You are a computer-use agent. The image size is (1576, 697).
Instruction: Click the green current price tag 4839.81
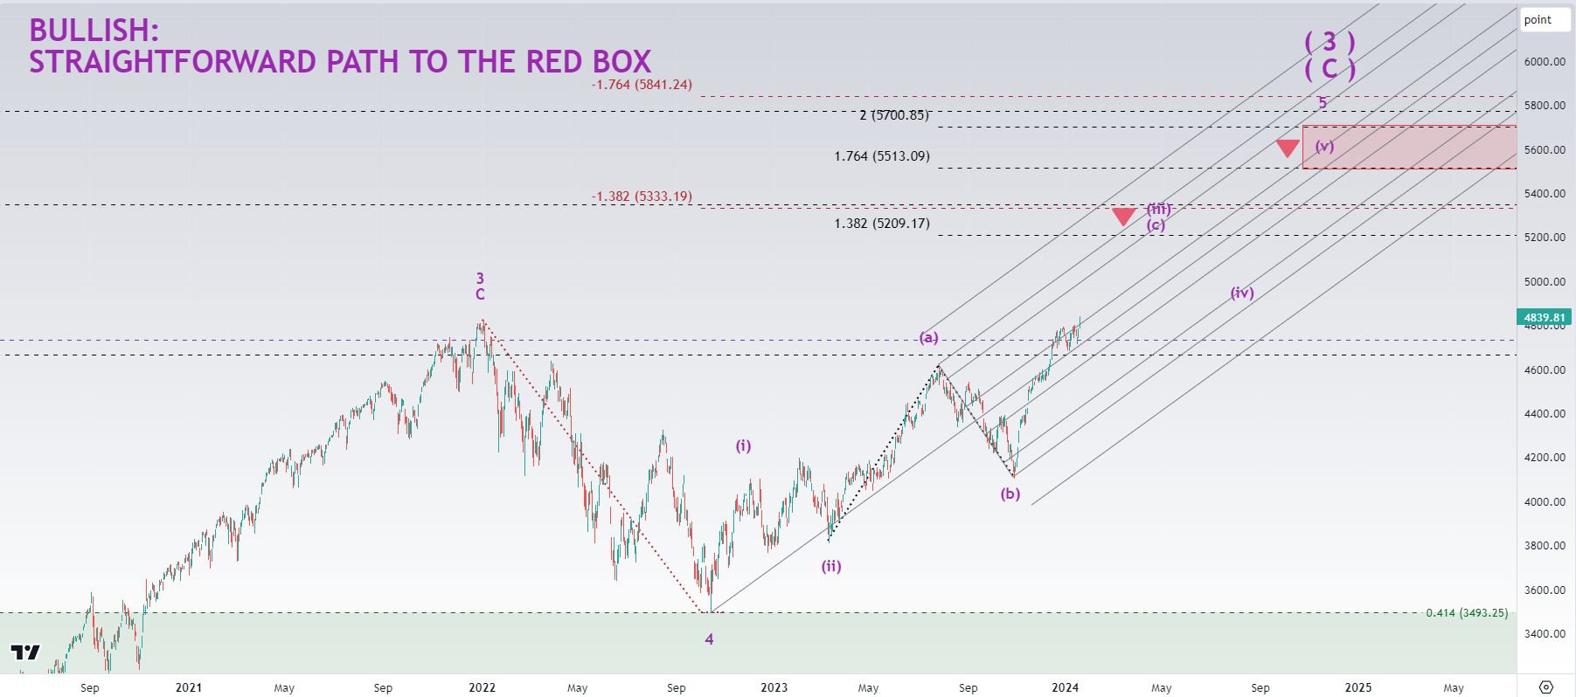[1544, 317]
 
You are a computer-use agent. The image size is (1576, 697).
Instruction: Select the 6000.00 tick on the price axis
[1545, 62]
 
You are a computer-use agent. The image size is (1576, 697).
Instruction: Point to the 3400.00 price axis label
[1545, 634]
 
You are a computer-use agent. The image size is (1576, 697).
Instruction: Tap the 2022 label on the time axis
[482, 687]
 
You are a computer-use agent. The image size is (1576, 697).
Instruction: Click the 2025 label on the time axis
[1357, 687]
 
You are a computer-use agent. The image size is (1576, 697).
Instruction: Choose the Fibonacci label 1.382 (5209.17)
[881, 224]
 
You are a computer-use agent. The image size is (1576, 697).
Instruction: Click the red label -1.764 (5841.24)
[642, 85]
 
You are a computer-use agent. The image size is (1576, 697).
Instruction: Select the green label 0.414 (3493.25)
[1467, 613]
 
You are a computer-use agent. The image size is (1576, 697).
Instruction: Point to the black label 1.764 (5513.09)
[881, 156]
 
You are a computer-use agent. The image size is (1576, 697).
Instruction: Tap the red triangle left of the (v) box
[1287, 148]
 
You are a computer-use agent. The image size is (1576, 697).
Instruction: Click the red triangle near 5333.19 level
[1123, 216]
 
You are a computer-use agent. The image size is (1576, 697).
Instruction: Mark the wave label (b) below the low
[1010, 494]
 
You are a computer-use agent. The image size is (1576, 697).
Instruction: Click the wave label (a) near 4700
[928, 337]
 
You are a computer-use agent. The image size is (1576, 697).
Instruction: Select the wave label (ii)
[830, 566]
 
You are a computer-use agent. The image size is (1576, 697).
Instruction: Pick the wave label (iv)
[1242, 293]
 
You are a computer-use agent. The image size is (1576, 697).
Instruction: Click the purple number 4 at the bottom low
[709, 639]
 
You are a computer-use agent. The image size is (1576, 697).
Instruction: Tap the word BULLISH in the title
[93, 31]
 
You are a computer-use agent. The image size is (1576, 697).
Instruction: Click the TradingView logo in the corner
[25, 652]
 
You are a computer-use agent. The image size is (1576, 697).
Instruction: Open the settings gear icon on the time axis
[1545, 687]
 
